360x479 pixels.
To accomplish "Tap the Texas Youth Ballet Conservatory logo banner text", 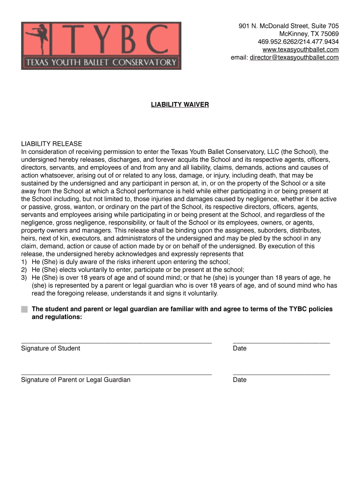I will (x=101, y=62).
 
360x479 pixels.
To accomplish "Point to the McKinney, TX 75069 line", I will (x=309, y=34).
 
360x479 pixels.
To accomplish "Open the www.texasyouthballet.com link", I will (x=301, y=50).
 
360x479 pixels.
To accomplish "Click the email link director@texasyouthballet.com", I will (x=294, y=58).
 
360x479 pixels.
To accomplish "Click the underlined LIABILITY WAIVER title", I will (x=180, y=105).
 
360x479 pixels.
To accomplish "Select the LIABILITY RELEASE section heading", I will (x=51, y=144).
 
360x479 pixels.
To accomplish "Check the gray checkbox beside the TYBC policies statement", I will (x=24, y=309).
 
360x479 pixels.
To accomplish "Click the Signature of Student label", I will (x=50, y=348).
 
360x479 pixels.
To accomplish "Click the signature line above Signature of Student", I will (x=116, y=343).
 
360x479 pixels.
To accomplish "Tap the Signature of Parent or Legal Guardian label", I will (x=76, y=380).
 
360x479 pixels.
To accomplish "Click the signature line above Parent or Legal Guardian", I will (x=116, y=374).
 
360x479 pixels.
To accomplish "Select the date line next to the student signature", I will (x=281, y=343).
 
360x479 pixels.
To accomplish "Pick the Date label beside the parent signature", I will (x=239, y=380).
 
